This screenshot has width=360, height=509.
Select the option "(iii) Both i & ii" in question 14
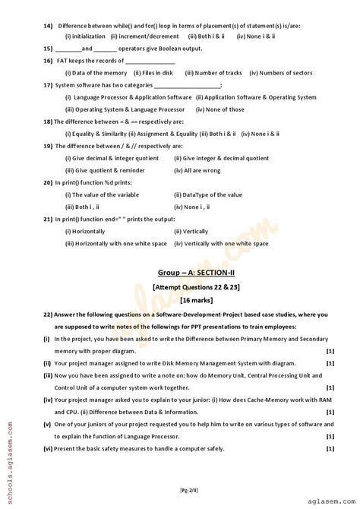(207, 36)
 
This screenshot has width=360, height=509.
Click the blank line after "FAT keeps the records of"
(150, 61)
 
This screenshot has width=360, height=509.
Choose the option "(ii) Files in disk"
(153, 73)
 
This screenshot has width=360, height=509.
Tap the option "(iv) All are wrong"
(197, 171)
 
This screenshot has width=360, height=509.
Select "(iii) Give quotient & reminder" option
(104, 171)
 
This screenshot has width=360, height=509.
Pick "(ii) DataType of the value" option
(208, 195)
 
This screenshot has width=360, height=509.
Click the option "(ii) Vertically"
(191, 232)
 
